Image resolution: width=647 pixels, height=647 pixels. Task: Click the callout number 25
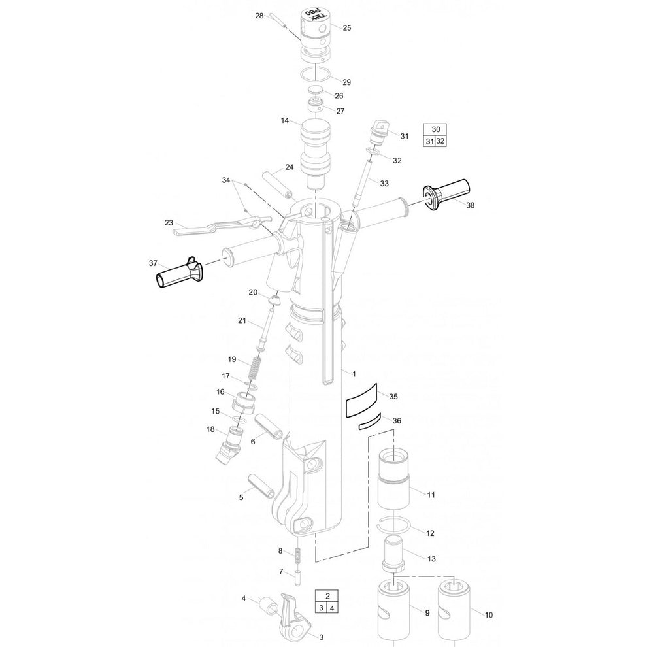pyautogui.click(x=346, y=28)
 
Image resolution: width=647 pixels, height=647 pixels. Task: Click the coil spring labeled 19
pyautogui.click(x=255, y=369)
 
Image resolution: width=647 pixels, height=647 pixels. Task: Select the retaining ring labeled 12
pyautogui.click(x=393, y=524)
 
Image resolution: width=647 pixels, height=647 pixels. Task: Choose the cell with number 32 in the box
pyautogui.click(x=441, y=141)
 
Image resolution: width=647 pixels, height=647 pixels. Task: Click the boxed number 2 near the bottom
pyautogui.click(x=327, y=596)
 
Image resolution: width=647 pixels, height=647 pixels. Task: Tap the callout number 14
pyautogui.click(x=285, y=120)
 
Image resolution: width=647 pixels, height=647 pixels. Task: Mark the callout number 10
pyautogui.click(x=488, y=615)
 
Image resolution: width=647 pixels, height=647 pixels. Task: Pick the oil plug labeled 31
pyautogui.click(x=378, y=132)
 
